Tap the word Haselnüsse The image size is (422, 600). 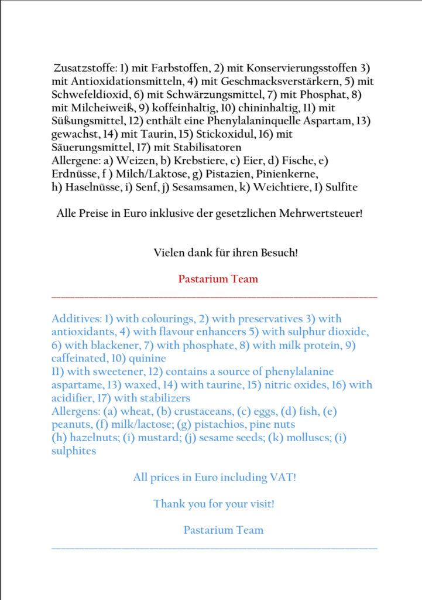(83, 187)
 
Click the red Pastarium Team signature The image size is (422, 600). (218, 279)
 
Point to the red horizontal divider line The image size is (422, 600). (214, 298)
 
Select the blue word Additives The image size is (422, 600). (75, 319)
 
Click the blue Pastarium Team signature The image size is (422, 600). (223, 530)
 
